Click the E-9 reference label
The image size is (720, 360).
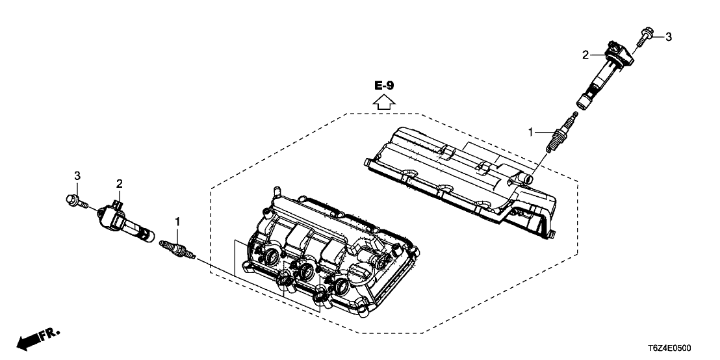pos(383,85)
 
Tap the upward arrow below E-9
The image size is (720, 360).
pos(383,101)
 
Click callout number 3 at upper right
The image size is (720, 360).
pos(669,36)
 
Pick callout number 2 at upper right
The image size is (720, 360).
pos(585,56)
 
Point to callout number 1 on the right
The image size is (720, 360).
pos(531,132)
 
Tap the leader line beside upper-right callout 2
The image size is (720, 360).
pos(598,56)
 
